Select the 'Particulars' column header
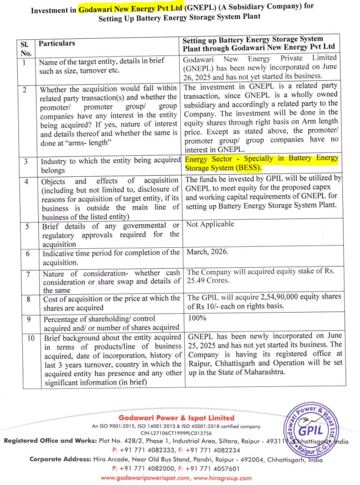56,43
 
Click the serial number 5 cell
24,226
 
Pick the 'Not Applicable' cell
210,224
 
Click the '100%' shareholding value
197,318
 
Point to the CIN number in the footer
176,433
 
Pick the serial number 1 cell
24,62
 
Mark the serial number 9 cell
24,319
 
